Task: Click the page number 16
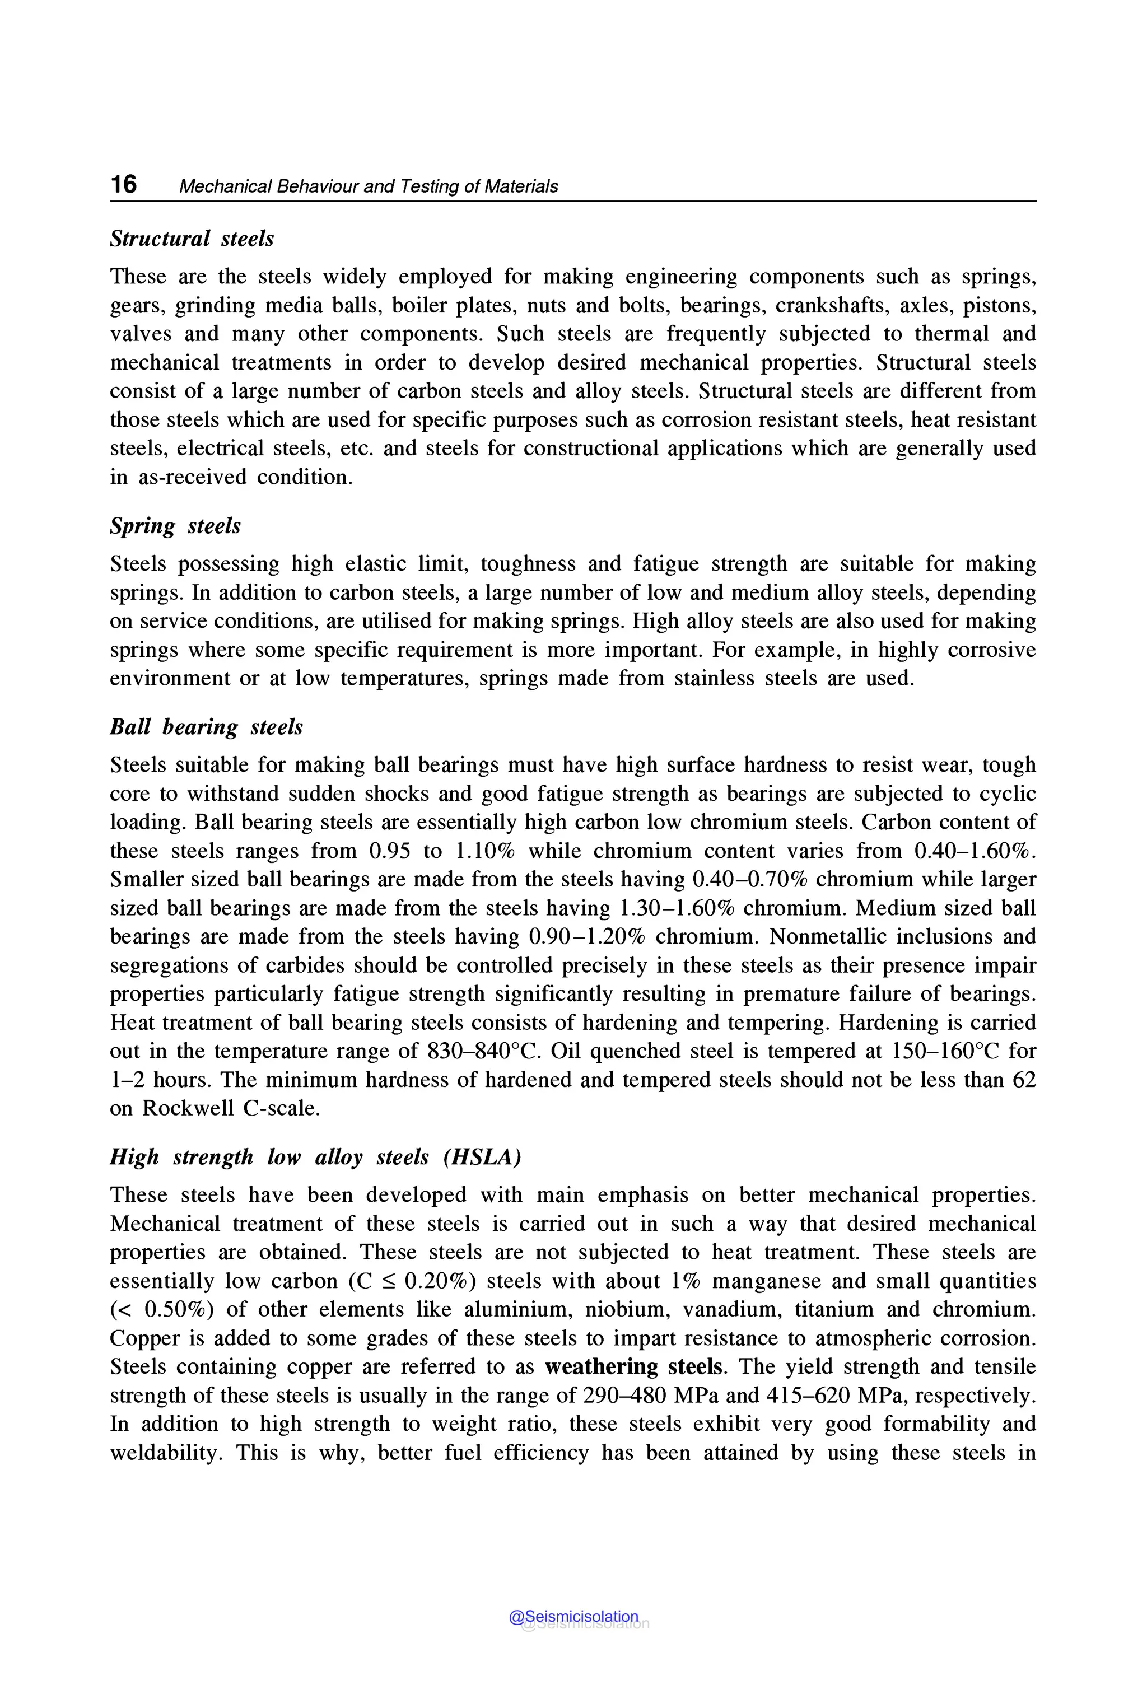click(124, 184)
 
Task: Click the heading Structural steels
click(192, 239)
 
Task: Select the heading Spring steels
click(175, 526)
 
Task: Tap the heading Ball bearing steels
click(206, 727)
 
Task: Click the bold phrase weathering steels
click(633, 1367)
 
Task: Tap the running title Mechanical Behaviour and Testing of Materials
click(368, 186)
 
